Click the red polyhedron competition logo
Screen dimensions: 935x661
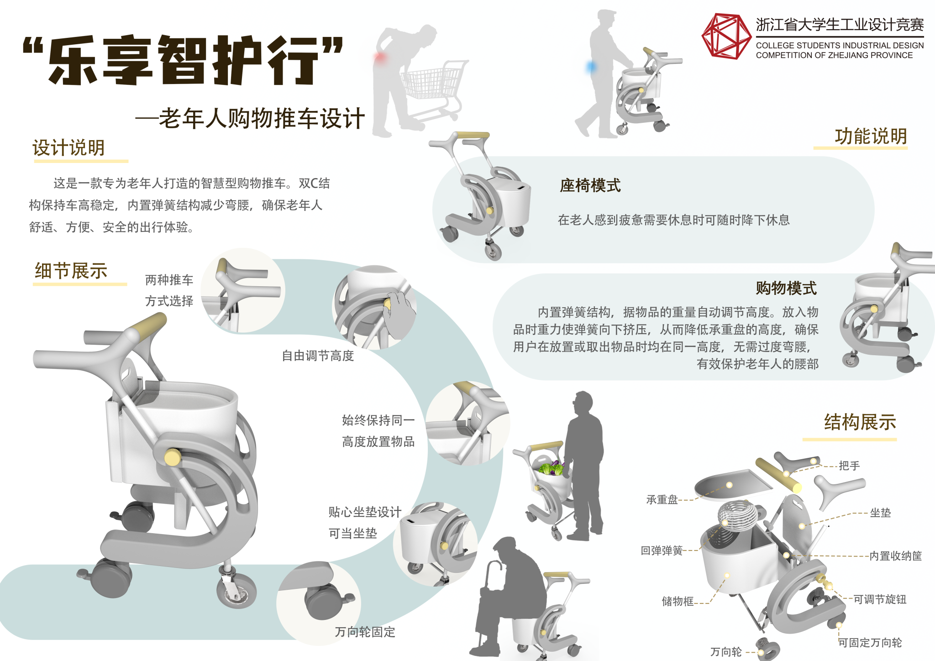[726, 37]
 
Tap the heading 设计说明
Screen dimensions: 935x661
[69, 148]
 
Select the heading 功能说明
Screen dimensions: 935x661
[871, 136]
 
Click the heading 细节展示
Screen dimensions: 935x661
[71, 271]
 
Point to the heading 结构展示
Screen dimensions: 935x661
[860, 422]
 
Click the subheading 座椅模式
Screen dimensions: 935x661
[590, 186]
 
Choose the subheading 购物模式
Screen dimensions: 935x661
[786, 288]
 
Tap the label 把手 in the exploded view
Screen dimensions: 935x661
[849, 466]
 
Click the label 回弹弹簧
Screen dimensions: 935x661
[662, 551]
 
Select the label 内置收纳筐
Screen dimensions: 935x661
[895, 556]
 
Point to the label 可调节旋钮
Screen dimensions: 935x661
[880, 599]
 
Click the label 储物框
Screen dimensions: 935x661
[678, 601]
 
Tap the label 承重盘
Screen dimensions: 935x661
[662, 500]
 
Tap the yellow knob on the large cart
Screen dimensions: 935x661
[173, 457]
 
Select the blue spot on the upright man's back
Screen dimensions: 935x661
[591, 68]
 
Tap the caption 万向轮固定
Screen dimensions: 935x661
[365, 632]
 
